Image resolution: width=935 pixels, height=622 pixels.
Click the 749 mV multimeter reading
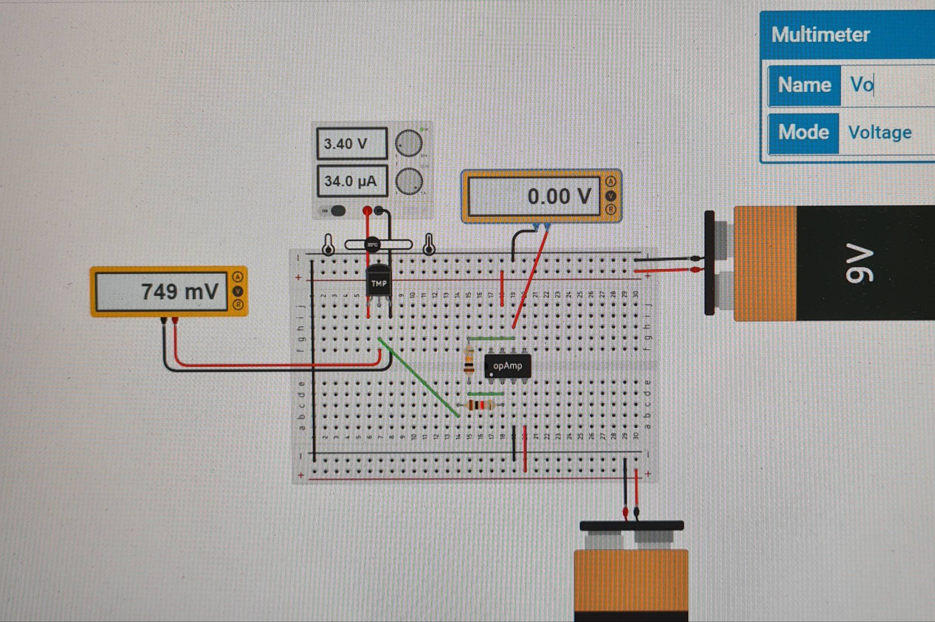tap(179, 292)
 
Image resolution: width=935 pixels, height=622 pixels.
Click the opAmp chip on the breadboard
tap(507, 366)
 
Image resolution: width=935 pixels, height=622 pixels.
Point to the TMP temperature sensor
tap(379, 283)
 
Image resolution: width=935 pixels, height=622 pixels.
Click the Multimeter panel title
tap(820, 35)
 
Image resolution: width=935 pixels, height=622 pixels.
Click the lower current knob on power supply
tap(409, 181)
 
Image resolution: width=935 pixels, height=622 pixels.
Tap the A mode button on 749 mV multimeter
tap(238, 277)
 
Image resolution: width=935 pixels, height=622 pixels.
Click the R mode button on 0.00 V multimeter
tap(611, 209)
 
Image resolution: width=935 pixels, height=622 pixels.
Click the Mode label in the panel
tap(803, 133)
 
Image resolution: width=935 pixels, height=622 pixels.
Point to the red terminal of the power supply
tap(367, 210)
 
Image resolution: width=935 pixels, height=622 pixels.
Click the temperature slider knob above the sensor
tap(372, 244)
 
